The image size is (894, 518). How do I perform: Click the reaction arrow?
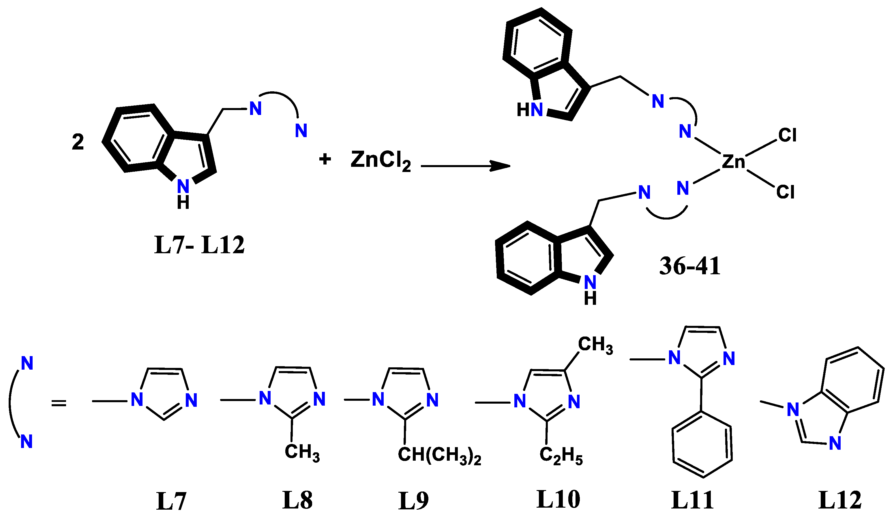pyautogui.click(x=465, y=166)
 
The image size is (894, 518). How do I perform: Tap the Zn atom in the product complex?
pyautogui.click(x=733, y=162)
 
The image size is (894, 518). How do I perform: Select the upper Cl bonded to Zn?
pyautogui.click(x=787, y=135)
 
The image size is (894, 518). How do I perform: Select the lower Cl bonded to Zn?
pyautogui.click(x=785, y=192)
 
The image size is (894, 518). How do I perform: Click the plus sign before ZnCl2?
pyautogui.click(x=325, y=159)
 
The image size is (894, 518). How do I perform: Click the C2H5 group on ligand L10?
pyautogui.click(x=561, y=456)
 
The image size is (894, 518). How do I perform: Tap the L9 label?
pyautogui.click(x=413, y=501)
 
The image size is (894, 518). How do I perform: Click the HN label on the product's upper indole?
pyautogui.click(x=530, y=110)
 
